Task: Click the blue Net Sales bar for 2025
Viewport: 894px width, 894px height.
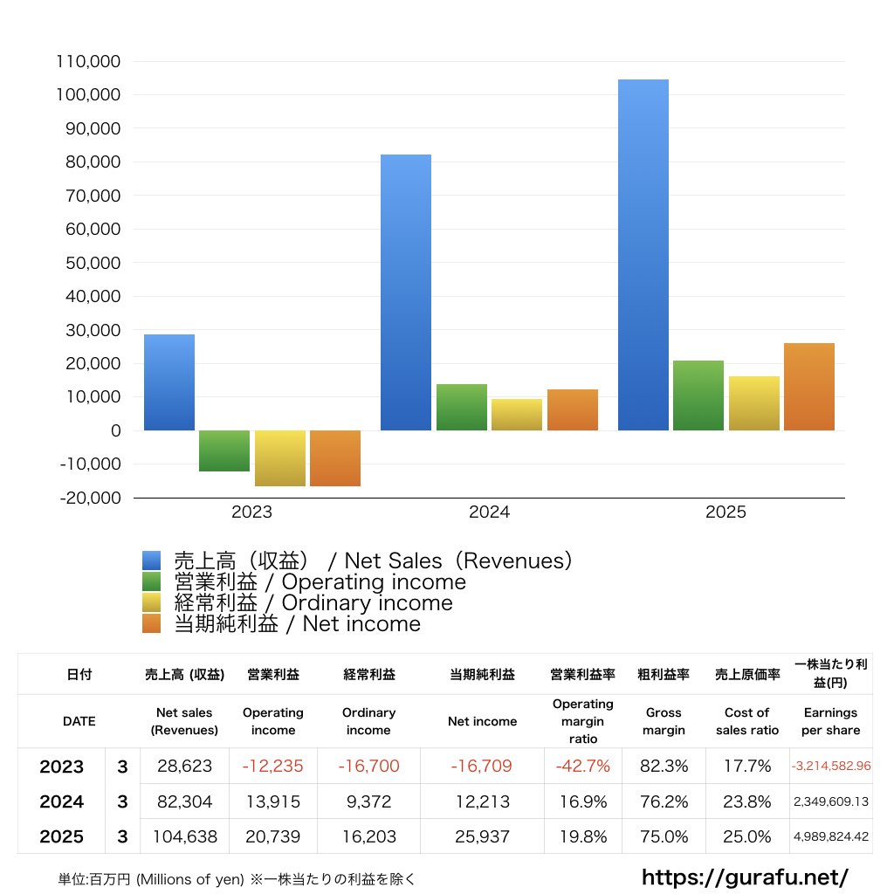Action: coord(643,255)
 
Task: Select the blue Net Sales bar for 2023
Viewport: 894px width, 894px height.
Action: coord(169,382)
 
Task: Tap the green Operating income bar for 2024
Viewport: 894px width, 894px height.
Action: coord(462,407)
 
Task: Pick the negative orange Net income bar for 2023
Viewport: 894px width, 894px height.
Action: coord(335,457)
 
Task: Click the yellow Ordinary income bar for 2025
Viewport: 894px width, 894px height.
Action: coord(754,403)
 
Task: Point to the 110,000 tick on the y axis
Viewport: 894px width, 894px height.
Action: coord(88,62)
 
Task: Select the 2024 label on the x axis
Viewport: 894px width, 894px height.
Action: coord(489,512)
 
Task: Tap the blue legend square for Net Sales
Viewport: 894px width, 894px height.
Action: coord(152,560)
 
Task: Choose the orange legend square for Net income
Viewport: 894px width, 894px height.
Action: coord(152,623)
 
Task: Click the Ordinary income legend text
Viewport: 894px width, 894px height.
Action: coord(313,602)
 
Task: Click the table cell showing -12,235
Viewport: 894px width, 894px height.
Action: coord(273,767)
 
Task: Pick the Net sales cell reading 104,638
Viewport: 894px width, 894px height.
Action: coord(185,836)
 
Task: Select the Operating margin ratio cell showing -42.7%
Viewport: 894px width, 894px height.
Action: coord(583,767)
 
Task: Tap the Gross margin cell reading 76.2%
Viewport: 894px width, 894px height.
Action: coord(664,801)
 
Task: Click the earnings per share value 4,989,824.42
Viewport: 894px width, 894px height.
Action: coord(830,836)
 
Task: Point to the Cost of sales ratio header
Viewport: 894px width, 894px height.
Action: coord(747,721)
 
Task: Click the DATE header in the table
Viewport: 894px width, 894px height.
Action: coord(79,721)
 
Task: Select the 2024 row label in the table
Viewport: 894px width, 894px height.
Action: coord(62,801)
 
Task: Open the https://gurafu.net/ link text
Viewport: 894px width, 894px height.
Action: coord(745,876)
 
